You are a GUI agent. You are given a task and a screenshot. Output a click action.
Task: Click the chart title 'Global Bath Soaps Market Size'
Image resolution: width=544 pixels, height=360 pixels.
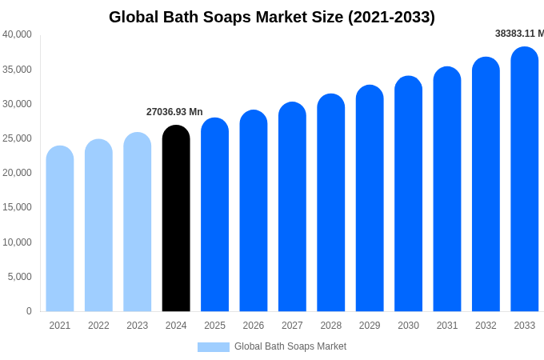coord(272,17)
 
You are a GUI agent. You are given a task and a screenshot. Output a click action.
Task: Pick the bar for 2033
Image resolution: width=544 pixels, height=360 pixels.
coord(525,179)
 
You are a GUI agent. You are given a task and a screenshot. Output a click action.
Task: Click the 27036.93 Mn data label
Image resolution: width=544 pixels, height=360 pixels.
coord(174,112)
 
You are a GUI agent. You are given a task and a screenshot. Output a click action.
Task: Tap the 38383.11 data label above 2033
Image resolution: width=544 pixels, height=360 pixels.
coord(519,34)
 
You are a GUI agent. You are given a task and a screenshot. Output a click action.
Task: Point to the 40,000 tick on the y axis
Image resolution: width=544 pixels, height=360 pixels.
coord(17,34)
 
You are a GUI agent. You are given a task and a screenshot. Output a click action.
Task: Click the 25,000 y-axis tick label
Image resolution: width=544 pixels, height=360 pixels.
coord(17,138)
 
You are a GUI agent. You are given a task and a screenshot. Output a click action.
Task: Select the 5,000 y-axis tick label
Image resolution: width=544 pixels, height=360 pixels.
coord(19,277)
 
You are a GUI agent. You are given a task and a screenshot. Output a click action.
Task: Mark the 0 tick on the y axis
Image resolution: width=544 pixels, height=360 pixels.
coord(29,311)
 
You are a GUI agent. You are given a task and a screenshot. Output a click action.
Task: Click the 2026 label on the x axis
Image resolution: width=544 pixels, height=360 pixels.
coord(254,326)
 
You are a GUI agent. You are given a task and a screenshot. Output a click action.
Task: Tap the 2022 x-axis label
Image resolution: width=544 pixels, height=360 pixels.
coord(98,326)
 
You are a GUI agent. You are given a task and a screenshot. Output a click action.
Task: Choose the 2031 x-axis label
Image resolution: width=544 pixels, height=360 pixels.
coord(447,326)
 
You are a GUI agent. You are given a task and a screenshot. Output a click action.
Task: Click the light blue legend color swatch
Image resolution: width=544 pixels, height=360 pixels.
coord(213,347)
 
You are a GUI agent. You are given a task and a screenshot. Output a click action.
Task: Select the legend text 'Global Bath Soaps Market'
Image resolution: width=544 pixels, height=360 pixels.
coord(290,346)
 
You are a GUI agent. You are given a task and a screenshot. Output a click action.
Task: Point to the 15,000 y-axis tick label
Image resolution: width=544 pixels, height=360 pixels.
coord(17,207)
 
